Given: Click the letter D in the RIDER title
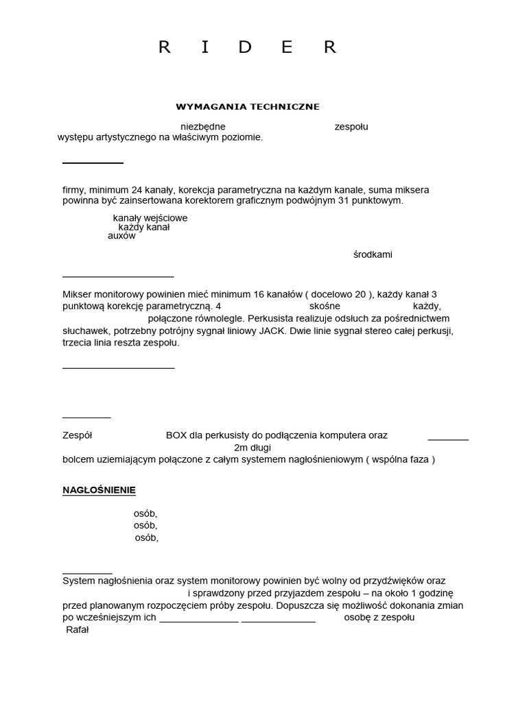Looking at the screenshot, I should (246, 47).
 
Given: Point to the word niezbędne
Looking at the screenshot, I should (202, 127).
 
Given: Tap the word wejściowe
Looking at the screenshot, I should (165, 218).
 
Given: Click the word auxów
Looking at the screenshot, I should (121, 236).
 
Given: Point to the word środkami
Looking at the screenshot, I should (373, 254).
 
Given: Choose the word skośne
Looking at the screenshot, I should (325, 306).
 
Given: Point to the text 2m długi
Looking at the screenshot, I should (253, 448).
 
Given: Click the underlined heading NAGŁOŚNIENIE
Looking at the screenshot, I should (99, 490).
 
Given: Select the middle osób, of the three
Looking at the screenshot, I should (145, 526).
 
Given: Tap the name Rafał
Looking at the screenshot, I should (78, 629).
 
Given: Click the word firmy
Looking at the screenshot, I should (73, 190).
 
